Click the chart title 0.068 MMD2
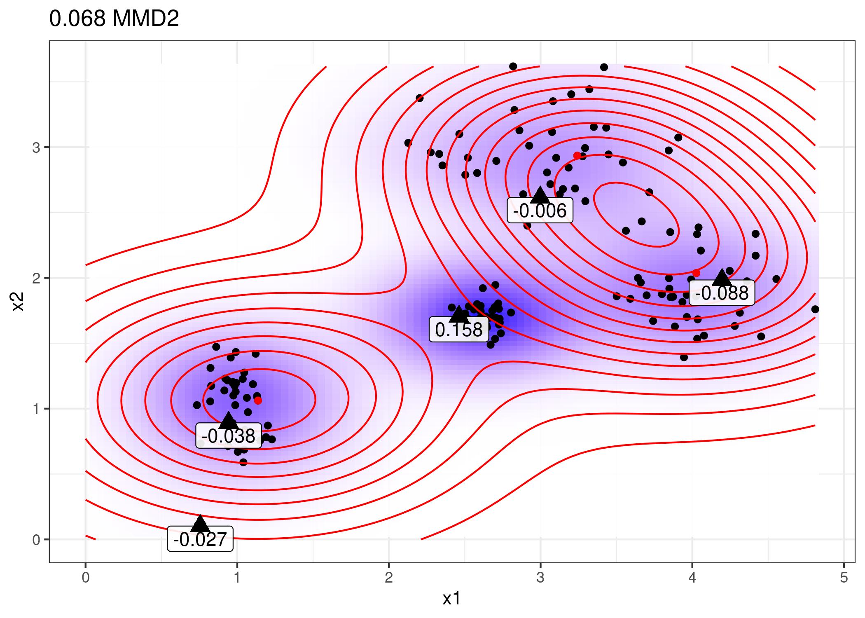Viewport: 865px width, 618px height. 114,19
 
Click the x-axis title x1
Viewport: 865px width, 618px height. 451,599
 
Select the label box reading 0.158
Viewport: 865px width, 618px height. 458,330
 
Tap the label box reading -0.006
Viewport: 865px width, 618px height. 540,211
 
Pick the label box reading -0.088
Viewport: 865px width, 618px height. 722,293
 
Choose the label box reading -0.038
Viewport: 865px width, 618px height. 229,435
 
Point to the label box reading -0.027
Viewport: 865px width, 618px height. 200,539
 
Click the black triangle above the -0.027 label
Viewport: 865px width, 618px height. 200,524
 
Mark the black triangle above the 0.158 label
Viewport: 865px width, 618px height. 458,314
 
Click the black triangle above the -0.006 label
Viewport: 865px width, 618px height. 540,195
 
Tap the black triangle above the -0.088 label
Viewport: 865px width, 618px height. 722,278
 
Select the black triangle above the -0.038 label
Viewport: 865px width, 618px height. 229,420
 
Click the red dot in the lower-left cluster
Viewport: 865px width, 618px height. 258,400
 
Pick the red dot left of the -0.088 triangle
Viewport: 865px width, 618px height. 696,273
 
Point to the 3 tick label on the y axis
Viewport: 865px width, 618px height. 36,147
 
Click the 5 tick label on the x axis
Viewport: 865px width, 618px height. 844,578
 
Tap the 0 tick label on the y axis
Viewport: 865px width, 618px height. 36,540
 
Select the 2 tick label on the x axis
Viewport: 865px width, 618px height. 388,578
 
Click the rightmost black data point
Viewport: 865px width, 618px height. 815,309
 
